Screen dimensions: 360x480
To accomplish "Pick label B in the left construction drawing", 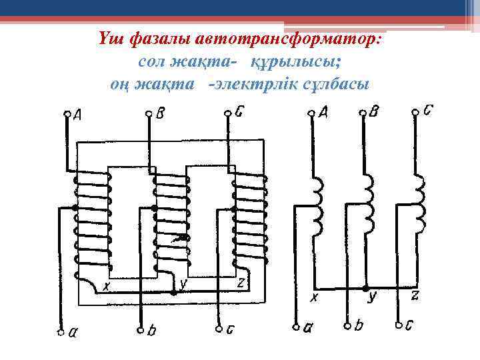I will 160,114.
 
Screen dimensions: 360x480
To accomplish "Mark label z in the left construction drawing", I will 241,283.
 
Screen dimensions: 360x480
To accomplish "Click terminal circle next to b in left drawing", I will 141,330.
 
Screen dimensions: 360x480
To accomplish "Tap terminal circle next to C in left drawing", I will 229,114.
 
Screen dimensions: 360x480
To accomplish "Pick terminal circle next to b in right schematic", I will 347,326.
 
